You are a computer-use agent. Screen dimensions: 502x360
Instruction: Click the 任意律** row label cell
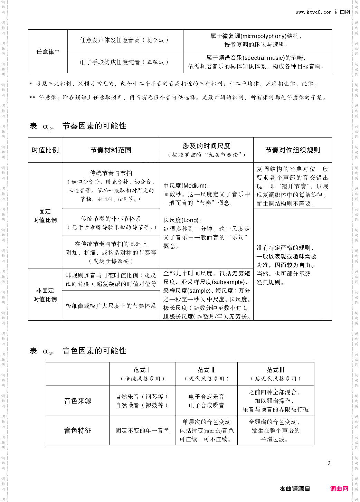(x=48, y=51)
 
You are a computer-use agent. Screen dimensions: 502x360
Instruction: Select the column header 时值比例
(x=45, y=150)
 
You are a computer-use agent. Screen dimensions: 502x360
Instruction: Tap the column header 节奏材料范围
(x=111, y=150)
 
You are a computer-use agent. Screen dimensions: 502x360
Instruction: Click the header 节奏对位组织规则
(x=293, y=150)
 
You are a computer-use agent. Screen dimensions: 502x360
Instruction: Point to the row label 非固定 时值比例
(x=45, y=295)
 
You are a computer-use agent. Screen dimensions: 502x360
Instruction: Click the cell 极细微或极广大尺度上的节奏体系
(x=111, y=306)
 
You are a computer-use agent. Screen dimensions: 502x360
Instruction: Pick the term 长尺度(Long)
(x=182, y=220)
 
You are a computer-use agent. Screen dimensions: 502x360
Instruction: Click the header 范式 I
(x=142, y=370)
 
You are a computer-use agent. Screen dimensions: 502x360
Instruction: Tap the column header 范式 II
(x=206, y=370)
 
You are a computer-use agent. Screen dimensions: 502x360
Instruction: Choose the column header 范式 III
(x=275, y=370)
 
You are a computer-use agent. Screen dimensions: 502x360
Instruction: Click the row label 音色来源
(x=78, y=401)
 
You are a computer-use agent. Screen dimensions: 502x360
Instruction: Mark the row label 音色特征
(x=78, y=430)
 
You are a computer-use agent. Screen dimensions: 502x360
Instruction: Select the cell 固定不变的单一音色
(x=142, y=430)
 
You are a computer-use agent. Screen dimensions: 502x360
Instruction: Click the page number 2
(x=329, y=463)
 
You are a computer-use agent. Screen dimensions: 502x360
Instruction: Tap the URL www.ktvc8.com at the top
(x=313, y=12)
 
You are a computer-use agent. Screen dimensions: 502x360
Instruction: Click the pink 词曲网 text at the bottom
(x=339, y=489)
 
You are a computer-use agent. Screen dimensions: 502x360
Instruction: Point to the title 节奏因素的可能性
(x=94, y=126)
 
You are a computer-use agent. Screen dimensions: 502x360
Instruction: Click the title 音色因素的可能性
(x=94, y=351)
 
